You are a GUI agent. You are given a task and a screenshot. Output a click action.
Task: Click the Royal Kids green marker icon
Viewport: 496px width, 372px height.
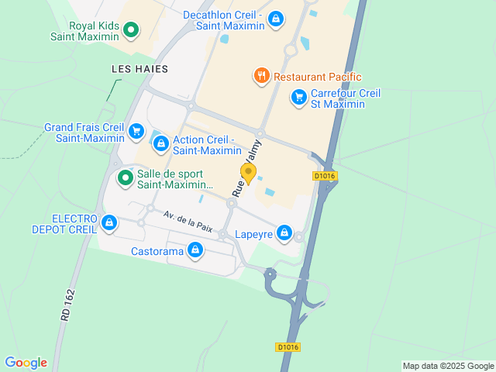(x=131, y=29)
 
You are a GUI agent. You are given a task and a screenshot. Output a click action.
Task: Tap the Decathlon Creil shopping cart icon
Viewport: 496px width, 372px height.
(x=276, y=19)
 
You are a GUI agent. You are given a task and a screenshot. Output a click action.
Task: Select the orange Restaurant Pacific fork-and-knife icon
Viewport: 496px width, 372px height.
(x=261, y=76)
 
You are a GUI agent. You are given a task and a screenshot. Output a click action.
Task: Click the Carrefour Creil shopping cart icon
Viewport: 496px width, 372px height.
(x=298, y=97)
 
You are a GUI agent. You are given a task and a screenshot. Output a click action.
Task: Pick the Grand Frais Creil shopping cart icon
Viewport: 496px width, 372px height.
(x=136, y=131)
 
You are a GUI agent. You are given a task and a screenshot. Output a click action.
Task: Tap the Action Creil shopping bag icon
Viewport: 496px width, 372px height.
(x=160, y=143)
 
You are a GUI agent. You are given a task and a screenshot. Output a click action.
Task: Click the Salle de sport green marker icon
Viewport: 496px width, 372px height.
(x=125, y=178)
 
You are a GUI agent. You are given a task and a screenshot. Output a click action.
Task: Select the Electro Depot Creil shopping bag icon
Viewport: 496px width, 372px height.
(x=108, y=224)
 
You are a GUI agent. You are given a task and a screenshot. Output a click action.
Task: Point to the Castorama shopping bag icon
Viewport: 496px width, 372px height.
(x=196, y=250)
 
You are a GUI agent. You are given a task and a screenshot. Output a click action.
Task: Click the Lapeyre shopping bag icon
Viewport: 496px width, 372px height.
(x=284, y=232)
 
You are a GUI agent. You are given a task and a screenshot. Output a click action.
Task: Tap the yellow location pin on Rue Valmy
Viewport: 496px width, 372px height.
(x=248, y=172)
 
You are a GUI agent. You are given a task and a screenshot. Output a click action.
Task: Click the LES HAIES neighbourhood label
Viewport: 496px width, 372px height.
(x=139, y=69)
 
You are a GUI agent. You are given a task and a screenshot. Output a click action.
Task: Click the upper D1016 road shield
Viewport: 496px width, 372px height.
(x=324, y=177)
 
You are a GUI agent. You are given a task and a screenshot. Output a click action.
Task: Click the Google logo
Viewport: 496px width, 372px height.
(x=26, y=363)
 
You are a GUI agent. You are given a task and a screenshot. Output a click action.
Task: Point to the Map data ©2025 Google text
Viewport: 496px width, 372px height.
(x=448, y=366)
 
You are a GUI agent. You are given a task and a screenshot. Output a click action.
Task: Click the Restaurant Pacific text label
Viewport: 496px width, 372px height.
(x=318, y=77)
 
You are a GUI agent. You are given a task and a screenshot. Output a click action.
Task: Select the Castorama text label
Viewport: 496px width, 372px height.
(x=157, y=251)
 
